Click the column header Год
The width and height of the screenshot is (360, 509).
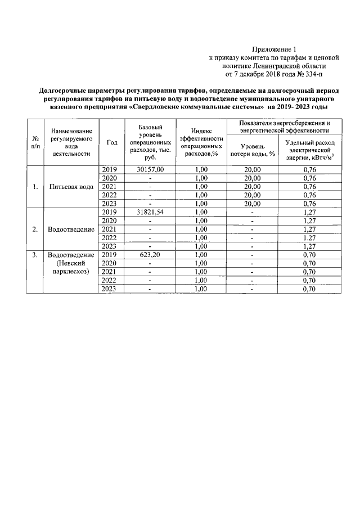pos(111,143)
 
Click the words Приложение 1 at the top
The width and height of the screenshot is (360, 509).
pos(273,49)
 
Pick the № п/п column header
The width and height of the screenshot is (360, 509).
pos(35,143)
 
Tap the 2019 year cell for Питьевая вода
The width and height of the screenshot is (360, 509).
pos(111,169)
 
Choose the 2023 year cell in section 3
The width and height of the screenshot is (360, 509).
pos(111,289)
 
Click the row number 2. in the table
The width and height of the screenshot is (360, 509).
pos(35,229)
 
